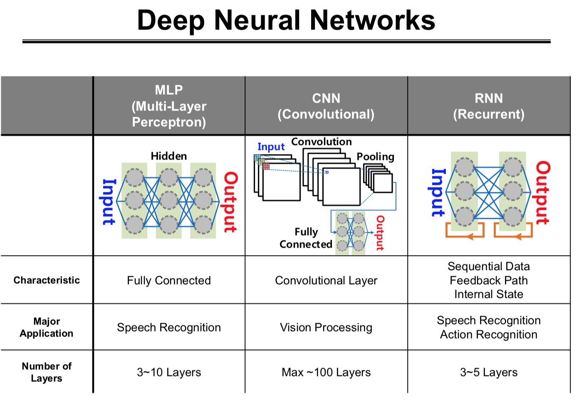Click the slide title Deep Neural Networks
286,20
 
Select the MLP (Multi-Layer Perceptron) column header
169,106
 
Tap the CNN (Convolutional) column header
326,106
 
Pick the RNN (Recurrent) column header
489,106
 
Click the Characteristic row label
47,280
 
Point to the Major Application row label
47,327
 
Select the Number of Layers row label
47,372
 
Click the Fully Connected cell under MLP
169,280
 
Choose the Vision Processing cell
326,327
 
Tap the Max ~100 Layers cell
326,372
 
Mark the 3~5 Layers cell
489,372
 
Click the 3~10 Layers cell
169,372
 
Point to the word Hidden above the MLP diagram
169,156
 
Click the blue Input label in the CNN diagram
271,147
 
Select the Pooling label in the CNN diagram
375,157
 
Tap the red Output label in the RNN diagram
543,193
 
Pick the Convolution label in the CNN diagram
322,142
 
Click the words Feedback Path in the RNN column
489,280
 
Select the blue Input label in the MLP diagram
109,202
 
